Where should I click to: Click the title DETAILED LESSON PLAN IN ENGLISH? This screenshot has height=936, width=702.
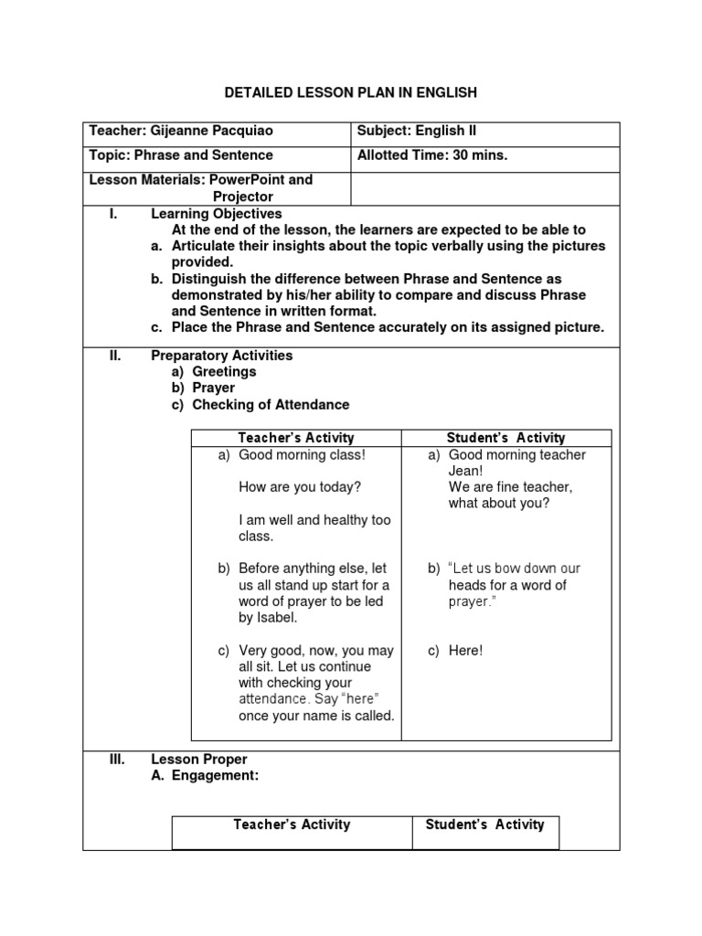click(350, 92)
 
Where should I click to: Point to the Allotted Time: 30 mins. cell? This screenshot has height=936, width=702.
click(432, 155)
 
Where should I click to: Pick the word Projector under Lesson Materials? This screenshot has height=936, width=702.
click(242, 197)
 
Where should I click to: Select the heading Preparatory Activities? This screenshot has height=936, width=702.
click(221, 356)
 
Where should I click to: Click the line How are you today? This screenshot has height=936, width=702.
click(299, 487)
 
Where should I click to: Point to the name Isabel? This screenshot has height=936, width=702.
click(279, 618)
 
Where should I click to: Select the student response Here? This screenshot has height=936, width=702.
click(465, 651)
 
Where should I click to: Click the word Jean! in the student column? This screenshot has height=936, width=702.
click(466, 471)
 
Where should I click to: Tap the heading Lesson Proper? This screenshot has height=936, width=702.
click(198, 760)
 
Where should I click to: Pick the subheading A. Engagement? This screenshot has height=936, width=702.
click(205, 776)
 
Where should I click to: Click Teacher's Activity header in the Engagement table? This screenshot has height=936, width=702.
click(292, 824)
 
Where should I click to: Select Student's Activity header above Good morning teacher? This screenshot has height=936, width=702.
click(505, 438)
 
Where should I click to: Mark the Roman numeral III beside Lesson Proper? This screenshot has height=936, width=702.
click(117, 760)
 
